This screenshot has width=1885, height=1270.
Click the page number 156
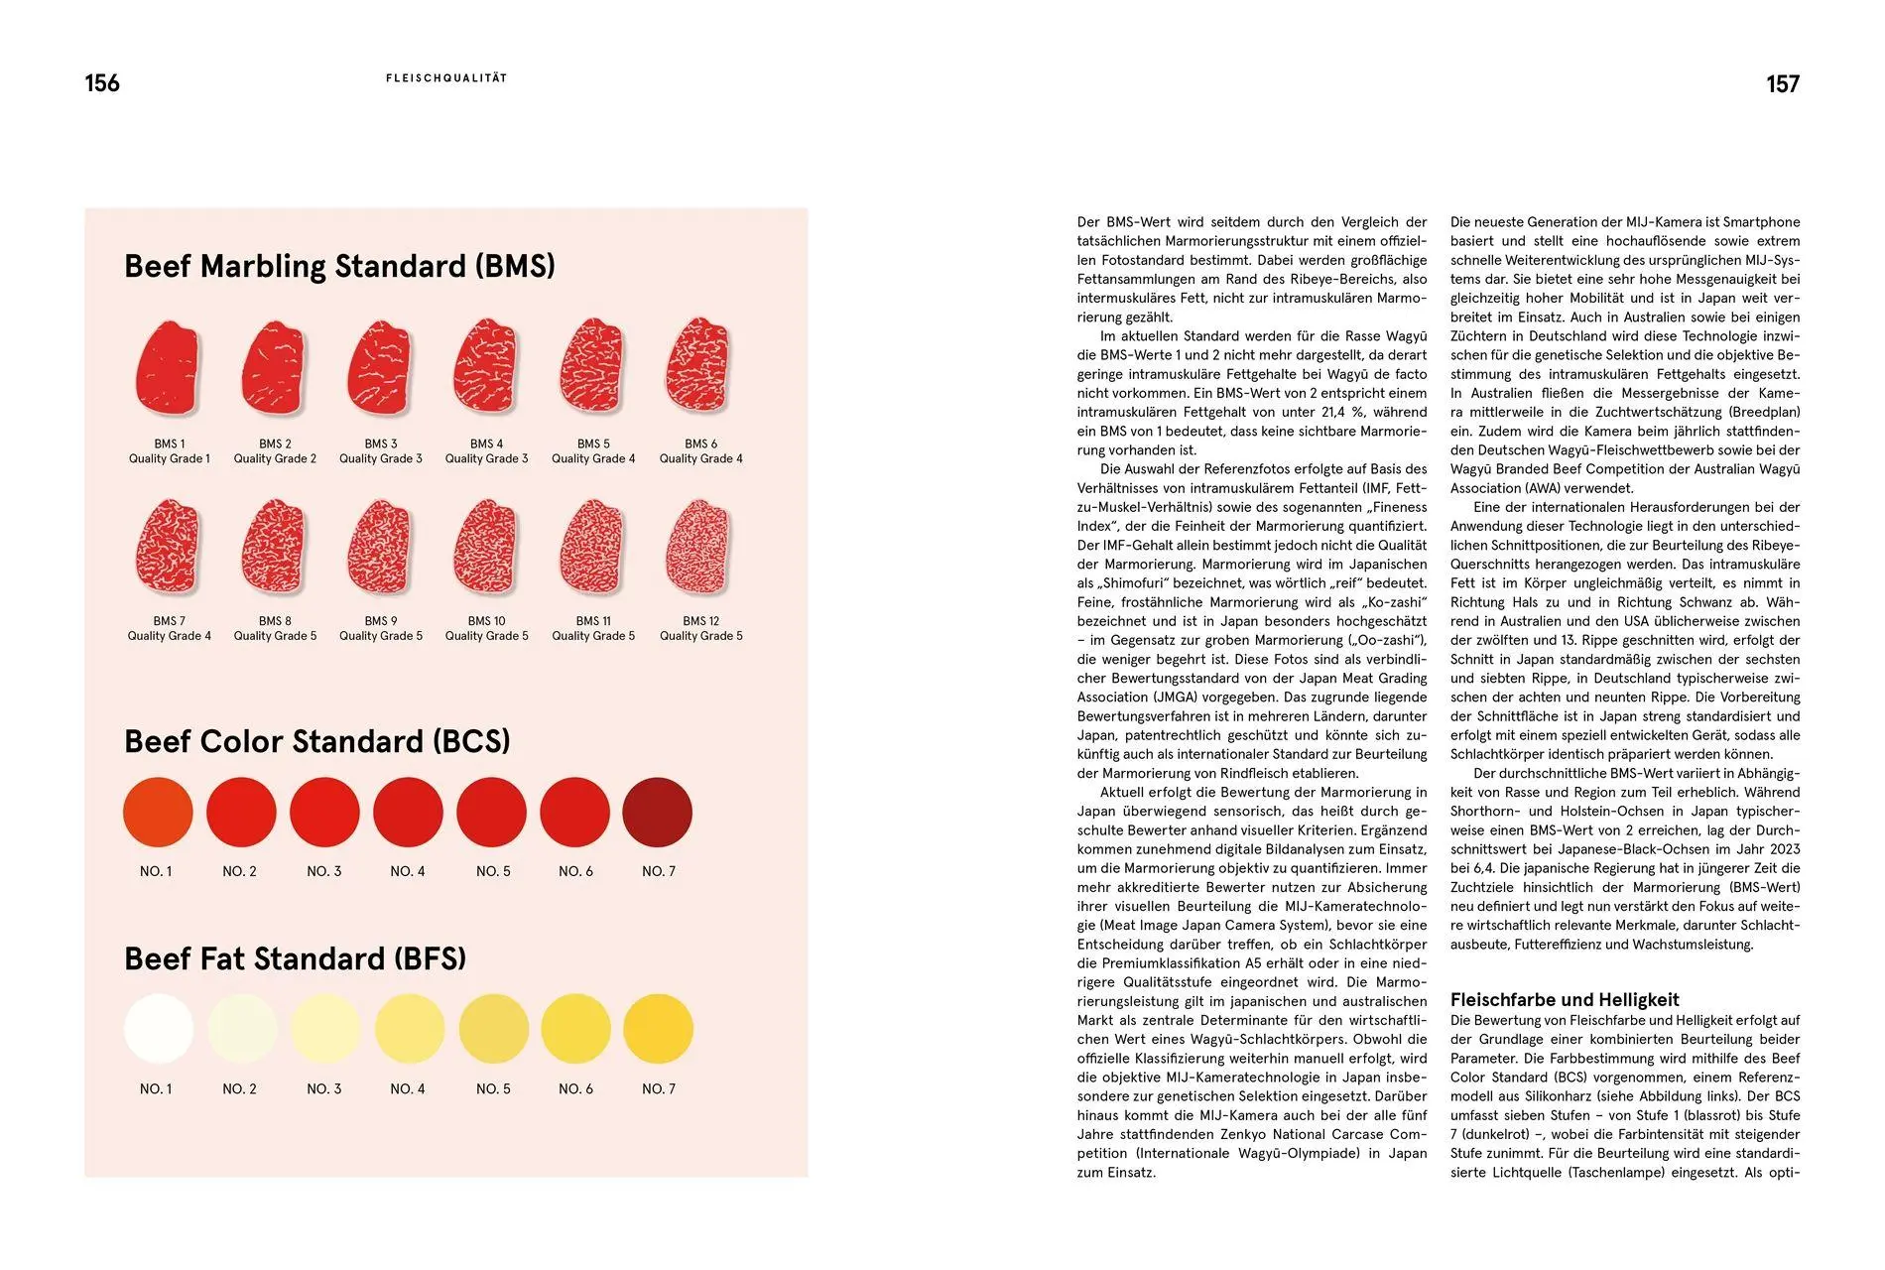point(102,83)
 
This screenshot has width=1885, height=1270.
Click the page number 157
point(1782,84)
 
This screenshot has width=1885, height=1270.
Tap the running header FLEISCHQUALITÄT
point(446,78)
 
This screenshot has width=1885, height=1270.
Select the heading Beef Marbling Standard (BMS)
point(339,266)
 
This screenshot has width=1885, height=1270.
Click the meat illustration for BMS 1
point(168,368)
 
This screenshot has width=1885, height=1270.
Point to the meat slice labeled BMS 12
point(699,548)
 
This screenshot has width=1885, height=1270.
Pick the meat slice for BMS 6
point(699,366)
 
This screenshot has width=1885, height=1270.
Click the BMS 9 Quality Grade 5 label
point(381,628)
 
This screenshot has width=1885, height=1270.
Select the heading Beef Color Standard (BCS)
point(316,741)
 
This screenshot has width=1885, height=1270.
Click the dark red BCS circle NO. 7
point(657,812)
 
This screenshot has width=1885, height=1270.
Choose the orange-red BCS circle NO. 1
point(158,812)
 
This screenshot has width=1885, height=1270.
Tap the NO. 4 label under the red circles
point(407,871)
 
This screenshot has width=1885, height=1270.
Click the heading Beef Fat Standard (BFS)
point(295,958)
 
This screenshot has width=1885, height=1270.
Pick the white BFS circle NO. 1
point(158,1029)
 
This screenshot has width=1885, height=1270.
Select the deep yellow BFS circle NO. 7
point(658,1029)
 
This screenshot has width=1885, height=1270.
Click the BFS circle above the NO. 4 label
point(409,1029)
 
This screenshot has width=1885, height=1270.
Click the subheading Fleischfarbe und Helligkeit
point(1565,999)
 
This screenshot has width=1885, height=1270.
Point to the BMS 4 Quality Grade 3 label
point(486,451)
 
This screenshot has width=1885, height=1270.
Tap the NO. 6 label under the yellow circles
point(575,1088)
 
